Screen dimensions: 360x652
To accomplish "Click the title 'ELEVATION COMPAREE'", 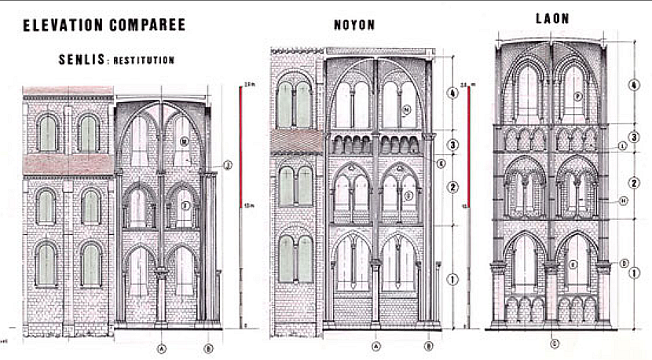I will (x=104, y=25).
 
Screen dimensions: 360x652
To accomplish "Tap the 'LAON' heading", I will (x=552, y=17).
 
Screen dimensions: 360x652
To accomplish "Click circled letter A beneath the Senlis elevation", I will (x=162, y=347).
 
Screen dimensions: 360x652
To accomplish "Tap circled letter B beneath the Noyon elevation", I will (x=429, y=347).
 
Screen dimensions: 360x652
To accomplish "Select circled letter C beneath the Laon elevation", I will (x=555, y=342).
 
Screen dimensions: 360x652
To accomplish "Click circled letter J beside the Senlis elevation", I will (x=227, y=165).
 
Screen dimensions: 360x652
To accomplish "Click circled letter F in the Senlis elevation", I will (x=185, y=206).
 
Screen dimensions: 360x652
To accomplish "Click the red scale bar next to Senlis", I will (x=241, y=145).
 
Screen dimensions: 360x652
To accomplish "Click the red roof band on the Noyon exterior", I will (x=296, y=141).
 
